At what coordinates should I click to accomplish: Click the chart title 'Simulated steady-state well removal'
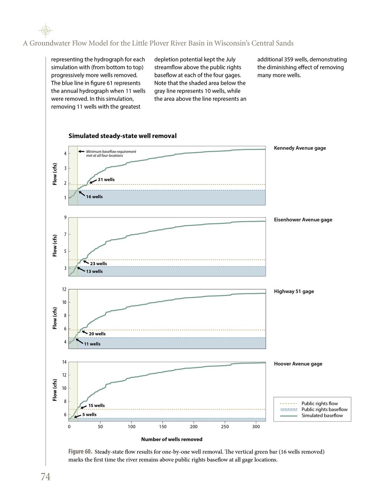122,136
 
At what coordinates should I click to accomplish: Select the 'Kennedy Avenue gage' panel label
300,148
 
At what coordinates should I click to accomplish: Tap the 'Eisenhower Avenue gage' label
303,220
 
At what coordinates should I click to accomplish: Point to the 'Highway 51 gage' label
294,291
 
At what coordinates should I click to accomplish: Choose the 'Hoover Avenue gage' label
298,364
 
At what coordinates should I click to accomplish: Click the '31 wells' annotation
106,179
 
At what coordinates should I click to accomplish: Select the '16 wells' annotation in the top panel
94,197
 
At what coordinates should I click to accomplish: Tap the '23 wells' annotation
98,264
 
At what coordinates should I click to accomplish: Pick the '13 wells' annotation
94,271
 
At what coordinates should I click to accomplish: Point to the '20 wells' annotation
97,334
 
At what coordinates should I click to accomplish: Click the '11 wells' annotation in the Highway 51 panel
92,344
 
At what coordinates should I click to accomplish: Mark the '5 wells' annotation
89,414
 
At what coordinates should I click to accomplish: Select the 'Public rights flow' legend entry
319,403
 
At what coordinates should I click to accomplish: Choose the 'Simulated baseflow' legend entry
322,416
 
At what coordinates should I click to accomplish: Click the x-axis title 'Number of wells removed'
172,439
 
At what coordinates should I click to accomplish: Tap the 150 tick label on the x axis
163,427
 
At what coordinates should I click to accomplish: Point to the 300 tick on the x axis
256,427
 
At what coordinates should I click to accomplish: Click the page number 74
45,477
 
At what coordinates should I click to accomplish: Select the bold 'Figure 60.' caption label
80,452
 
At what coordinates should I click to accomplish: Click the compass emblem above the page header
45,31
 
